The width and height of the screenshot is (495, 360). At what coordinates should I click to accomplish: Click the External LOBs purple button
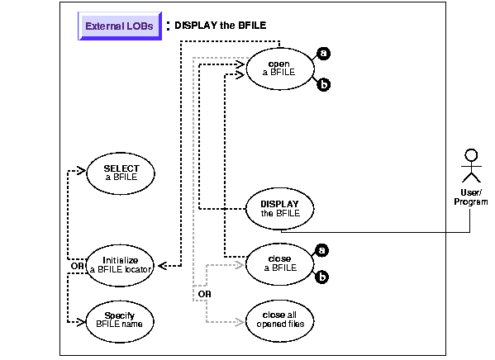tap(120, 26)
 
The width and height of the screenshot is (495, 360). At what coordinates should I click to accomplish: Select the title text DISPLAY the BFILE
tap(221, 26)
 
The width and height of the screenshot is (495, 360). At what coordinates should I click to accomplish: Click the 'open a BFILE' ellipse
tap(280, 69)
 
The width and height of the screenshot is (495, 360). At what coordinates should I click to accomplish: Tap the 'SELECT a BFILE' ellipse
tap(121, 173)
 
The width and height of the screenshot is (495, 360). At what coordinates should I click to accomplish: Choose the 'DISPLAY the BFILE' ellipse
tap(279, 209)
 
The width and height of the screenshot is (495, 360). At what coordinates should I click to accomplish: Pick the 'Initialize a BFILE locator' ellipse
tap(120, 265)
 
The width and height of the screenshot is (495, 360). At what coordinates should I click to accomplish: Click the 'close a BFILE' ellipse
tap(279, 264)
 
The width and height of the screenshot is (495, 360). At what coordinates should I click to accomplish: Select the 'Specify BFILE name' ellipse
tap(120, 321)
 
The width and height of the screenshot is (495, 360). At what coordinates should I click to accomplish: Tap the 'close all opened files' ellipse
tap(279, 321)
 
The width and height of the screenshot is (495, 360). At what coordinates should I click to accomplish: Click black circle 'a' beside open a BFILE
tap(324, 54)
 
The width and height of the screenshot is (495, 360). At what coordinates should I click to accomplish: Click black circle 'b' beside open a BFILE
tap(324, 84)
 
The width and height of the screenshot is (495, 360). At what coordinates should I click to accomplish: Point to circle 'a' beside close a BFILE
tap(321, 250)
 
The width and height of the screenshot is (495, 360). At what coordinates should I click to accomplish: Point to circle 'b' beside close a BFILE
tap(321, 277)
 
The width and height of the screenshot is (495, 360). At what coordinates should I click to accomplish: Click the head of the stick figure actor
tap(471, 155)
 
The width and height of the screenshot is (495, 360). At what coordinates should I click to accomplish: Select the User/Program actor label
tap(471, 197)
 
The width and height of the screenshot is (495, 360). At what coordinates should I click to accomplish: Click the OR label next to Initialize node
tap(78, 266)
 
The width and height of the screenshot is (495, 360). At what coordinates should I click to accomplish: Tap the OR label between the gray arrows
tap(205, 294)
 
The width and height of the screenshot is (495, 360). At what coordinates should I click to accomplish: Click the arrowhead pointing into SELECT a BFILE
tap(82, 171)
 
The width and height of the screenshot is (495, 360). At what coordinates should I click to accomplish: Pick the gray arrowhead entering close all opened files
tap(240, 322)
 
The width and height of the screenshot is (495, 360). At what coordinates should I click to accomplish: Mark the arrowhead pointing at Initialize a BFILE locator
tap(162, 266)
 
